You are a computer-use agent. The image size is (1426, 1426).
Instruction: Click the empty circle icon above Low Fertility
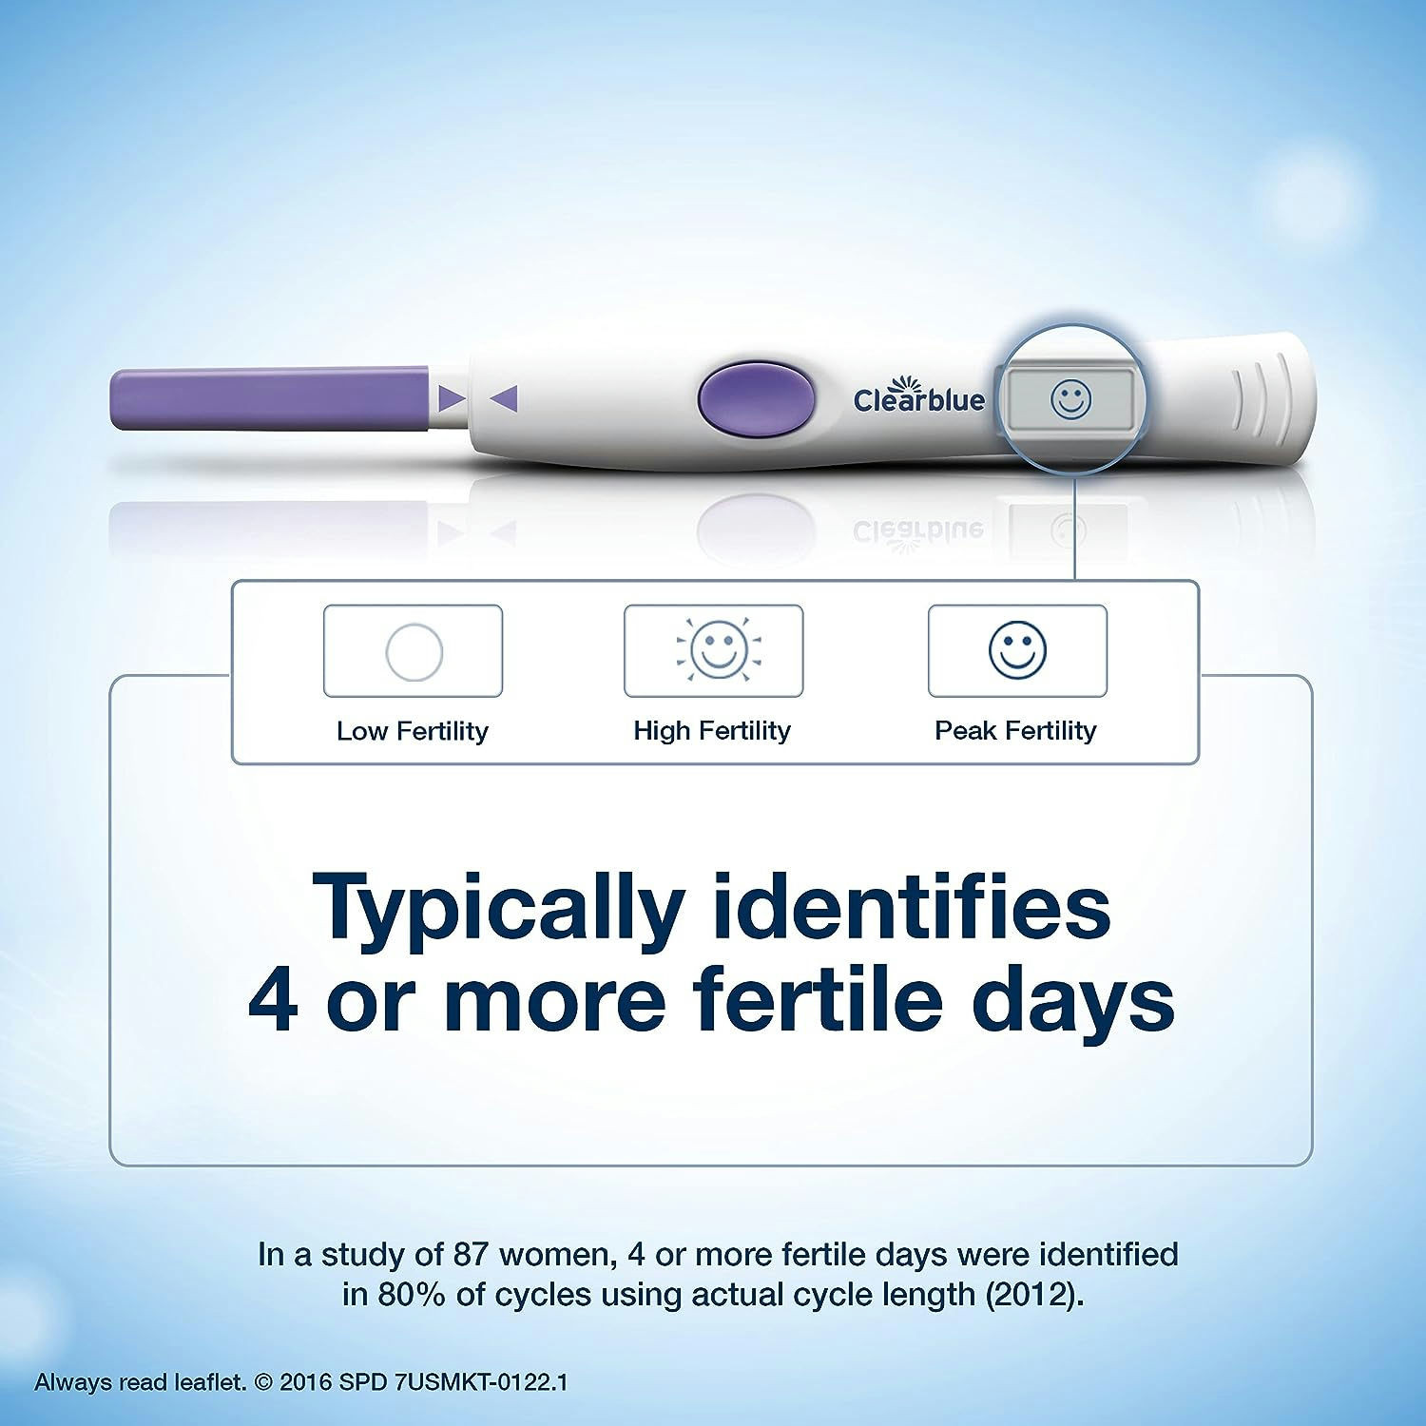click(x=414, y=652)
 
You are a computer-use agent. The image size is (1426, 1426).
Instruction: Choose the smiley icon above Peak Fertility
click(x=1017, y=650)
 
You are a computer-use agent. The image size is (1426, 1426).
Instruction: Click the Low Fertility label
click(x=413, y=731)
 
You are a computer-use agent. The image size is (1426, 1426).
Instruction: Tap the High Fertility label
click(x=712, y=730)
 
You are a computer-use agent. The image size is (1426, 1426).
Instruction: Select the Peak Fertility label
click(x=1015, y=730)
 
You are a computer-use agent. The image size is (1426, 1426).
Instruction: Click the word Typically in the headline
click(x=499, y=908)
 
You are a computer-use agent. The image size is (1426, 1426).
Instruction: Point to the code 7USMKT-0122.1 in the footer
click(x=479, y=1382)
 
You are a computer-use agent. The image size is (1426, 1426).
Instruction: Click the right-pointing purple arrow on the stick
click(x=451, y=399)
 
